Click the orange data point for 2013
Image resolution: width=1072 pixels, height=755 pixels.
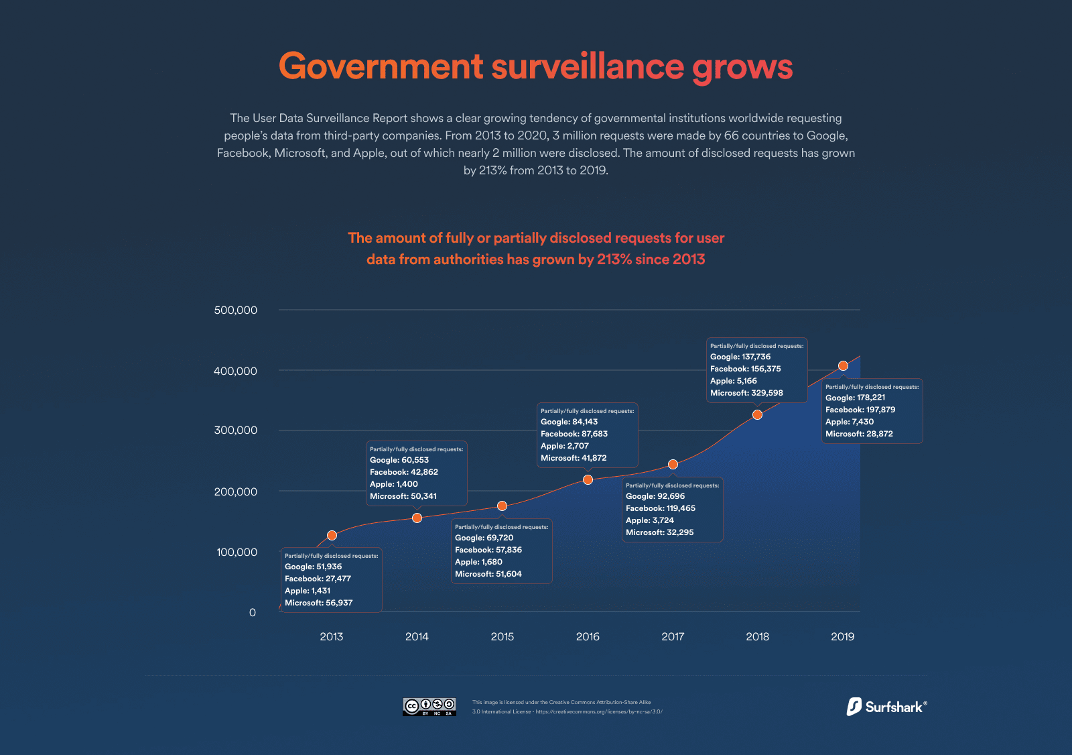point(332,535)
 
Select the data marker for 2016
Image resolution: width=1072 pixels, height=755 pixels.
point(588,479)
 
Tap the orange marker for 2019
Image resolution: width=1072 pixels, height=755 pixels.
point(843,365)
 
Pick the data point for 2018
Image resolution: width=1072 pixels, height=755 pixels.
point(757,414)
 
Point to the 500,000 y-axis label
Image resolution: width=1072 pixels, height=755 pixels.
point(235,310)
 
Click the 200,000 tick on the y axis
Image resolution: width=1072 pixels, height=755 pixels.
point(235,491)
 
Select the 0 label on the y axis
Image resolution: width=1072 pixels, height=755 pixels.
point(253,612)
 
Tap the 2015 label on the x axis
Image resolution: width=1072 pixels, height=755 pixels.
point(502,636)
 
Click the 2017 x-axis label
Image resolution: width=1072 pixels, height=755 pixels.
point(673,636)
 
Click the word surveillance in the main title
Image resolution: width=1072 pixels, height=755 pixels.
point(588,66)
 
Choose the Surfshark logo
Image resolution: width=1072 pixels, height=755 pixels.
point(886,707)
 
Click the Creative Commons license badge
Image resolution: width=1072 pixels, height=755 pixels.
point(429,707)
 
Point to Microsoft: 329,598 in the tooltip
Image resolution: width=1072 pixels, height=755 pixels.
point(746,393)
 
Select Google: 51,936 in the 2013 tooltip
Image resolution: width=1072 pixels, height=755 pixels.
point(313,567)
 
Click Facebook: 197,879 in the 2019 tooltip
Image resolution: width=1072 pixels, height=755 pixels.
point(860,410)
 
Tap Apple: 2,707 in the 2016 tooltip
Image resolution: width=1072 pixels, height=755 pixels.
point(565,446)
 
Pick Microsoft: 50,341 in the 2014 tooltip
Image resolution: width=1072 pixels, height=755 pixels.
point(403,496)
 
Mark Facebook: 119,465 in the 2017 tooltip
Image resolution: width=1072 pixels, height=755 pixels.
point(660,508)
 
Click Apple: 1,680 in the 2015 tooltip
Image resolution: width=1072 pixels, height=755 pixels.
point(478,562)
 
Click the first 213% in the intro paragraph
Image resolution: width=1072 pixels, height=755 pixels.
point(492,170)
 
